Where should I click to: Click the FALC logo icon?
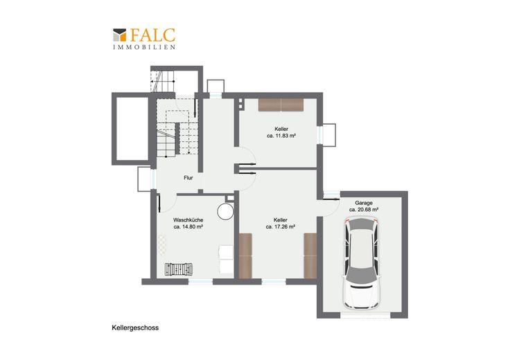[x=119, y=35]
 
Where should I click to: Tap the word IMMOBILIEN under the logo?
[x=144, y=47]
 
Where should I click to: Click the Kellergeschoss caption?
[x=135, y=328]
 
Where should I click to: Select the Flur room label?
[x=188, y=178]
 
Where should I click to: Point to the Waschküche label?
[x=188, y=220]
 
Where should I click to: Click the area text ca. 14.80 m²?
[x=188, y=227]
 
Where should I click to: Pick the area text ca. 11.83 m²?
[x=281, y=136]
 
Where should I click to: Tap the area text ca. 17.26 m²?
[x=281, y=227]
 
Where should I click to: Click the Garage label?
[x=364, y=203]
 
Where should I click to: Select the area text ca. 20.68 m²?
[x=364, y=210]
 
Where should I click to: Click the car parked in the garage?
[x=362, y=264]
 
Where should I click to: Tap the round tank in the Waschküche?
[x=225, y=212]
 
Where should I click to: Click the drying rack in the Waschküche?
[x=179, y=269]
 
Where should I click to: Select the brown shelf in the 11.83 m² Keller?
[x=281, y=105]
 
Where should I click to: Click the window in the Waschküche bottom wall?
[x=201, y=282]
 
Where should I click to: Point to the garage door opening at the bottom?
[x=365, y=315]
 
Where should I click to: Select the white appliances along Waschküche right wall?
[x=227, y=260]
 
